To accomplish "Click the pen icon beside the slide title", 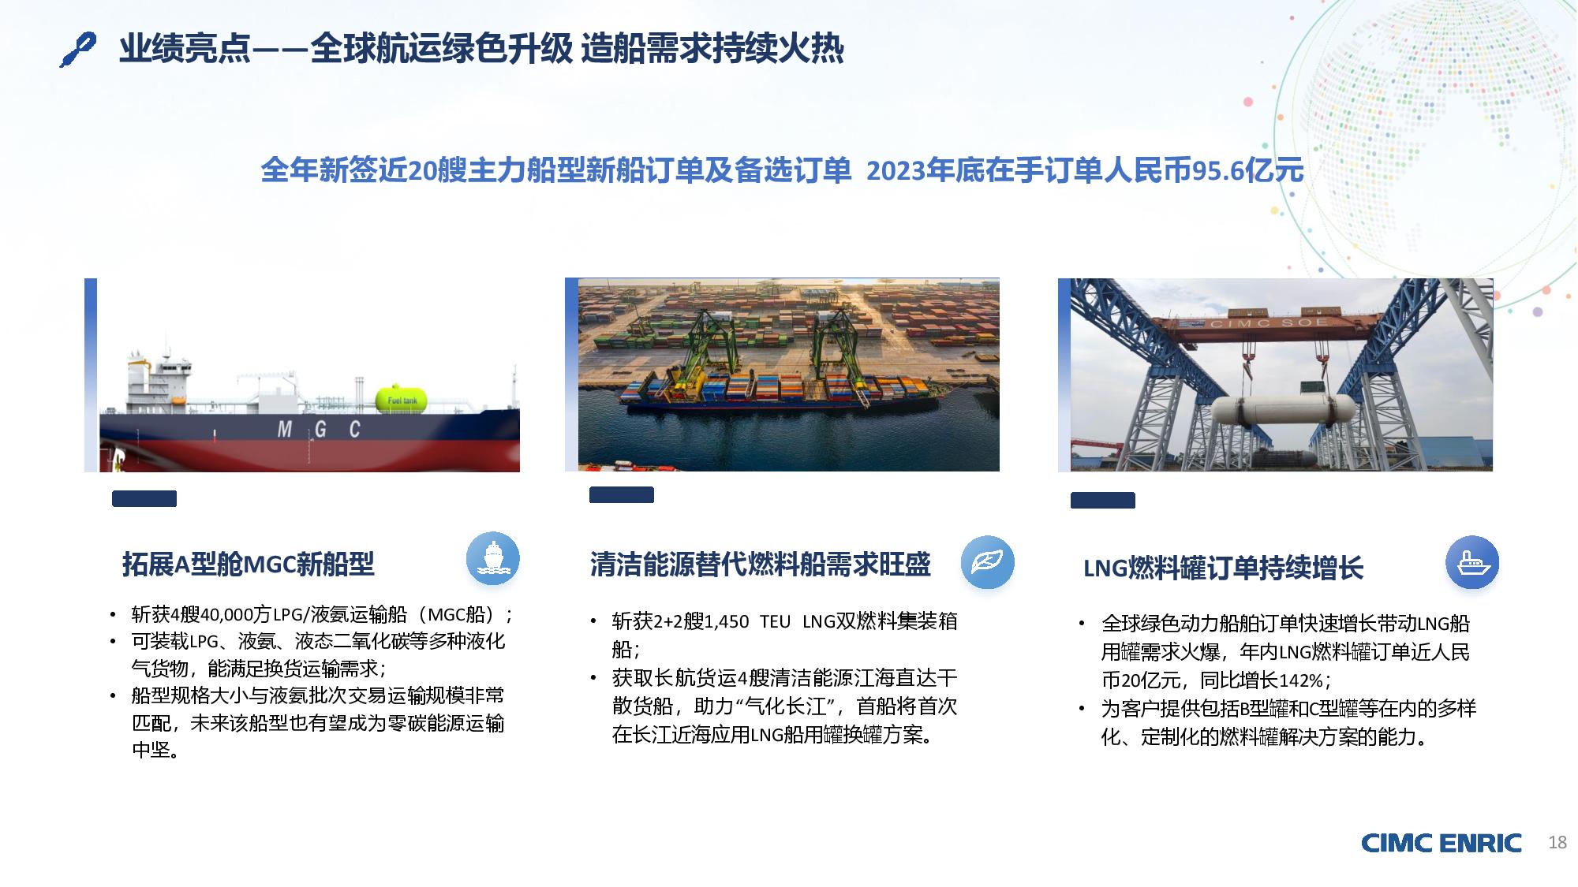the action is [78, 50].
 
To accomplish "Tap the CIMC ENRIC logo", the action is [1441, 843].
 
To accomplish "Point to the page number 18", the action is [1557, 842].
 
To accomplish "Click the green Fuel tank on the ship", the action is [402, 399].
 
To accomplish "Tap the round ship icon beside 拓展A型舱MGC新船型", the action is [493, 557].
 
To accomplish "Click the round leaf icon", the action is [987, 562].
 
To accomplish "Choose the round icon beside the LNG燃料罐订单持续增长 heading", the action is [1471, 562].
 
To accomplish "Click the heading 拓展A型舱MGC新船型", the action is [248, 565].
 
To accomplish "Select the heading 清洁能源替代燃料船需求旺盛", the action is [761, 565].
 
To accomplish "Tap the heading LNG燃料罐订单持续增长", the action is [1223, 568].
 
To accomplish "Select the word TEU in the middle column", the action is [775, 622].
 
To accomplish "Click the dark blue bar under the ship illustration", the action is [144, 498].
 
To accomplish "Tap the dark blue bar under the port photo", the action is [622, 495].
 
